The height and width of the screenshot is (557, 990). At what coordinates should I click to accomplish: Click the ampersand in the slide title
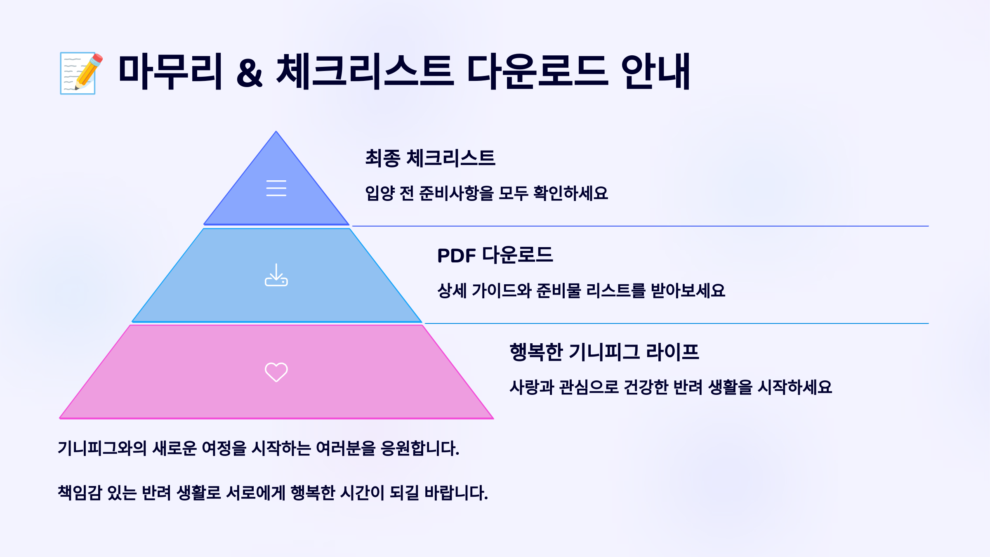click(249, 73)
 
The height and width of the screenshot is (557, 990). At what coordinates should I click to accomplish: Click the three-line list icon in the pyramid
click(276, 188)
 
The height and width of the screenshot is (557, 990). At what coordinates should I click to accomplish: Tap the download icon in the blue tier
click(276, 275)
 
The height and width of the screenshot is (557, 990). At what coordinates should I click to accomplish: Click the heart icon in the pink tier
click(276, 372)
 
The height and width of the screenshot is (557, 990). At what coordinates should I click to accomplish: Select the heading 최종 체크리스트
click(430, 158)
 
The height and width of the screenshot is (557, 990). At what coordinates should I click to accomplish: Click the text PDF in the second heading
click(456, 256)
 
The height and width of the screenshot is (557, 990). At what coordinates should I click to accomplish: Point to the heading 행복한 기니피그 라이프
click(604, 352)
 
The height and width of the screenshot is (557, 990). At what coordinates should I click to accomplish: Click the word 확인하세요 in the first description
click(570, 193)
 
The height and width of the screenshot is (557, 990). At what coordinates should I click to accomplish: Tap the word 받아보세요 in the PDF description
click(688, 290)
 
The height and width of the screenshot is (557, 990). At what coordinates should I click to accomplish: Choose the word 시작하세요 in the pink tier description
click(795, 387)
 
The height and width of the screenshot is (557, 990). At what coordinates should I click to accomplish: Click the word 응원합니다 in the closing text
click(420, 448)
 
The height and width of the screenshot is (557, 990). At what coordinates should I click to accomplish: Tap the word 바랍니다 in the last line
click(456, 493)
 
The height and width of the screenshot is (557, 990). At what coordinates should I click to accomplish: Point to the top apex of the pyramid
click(276, 132)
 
